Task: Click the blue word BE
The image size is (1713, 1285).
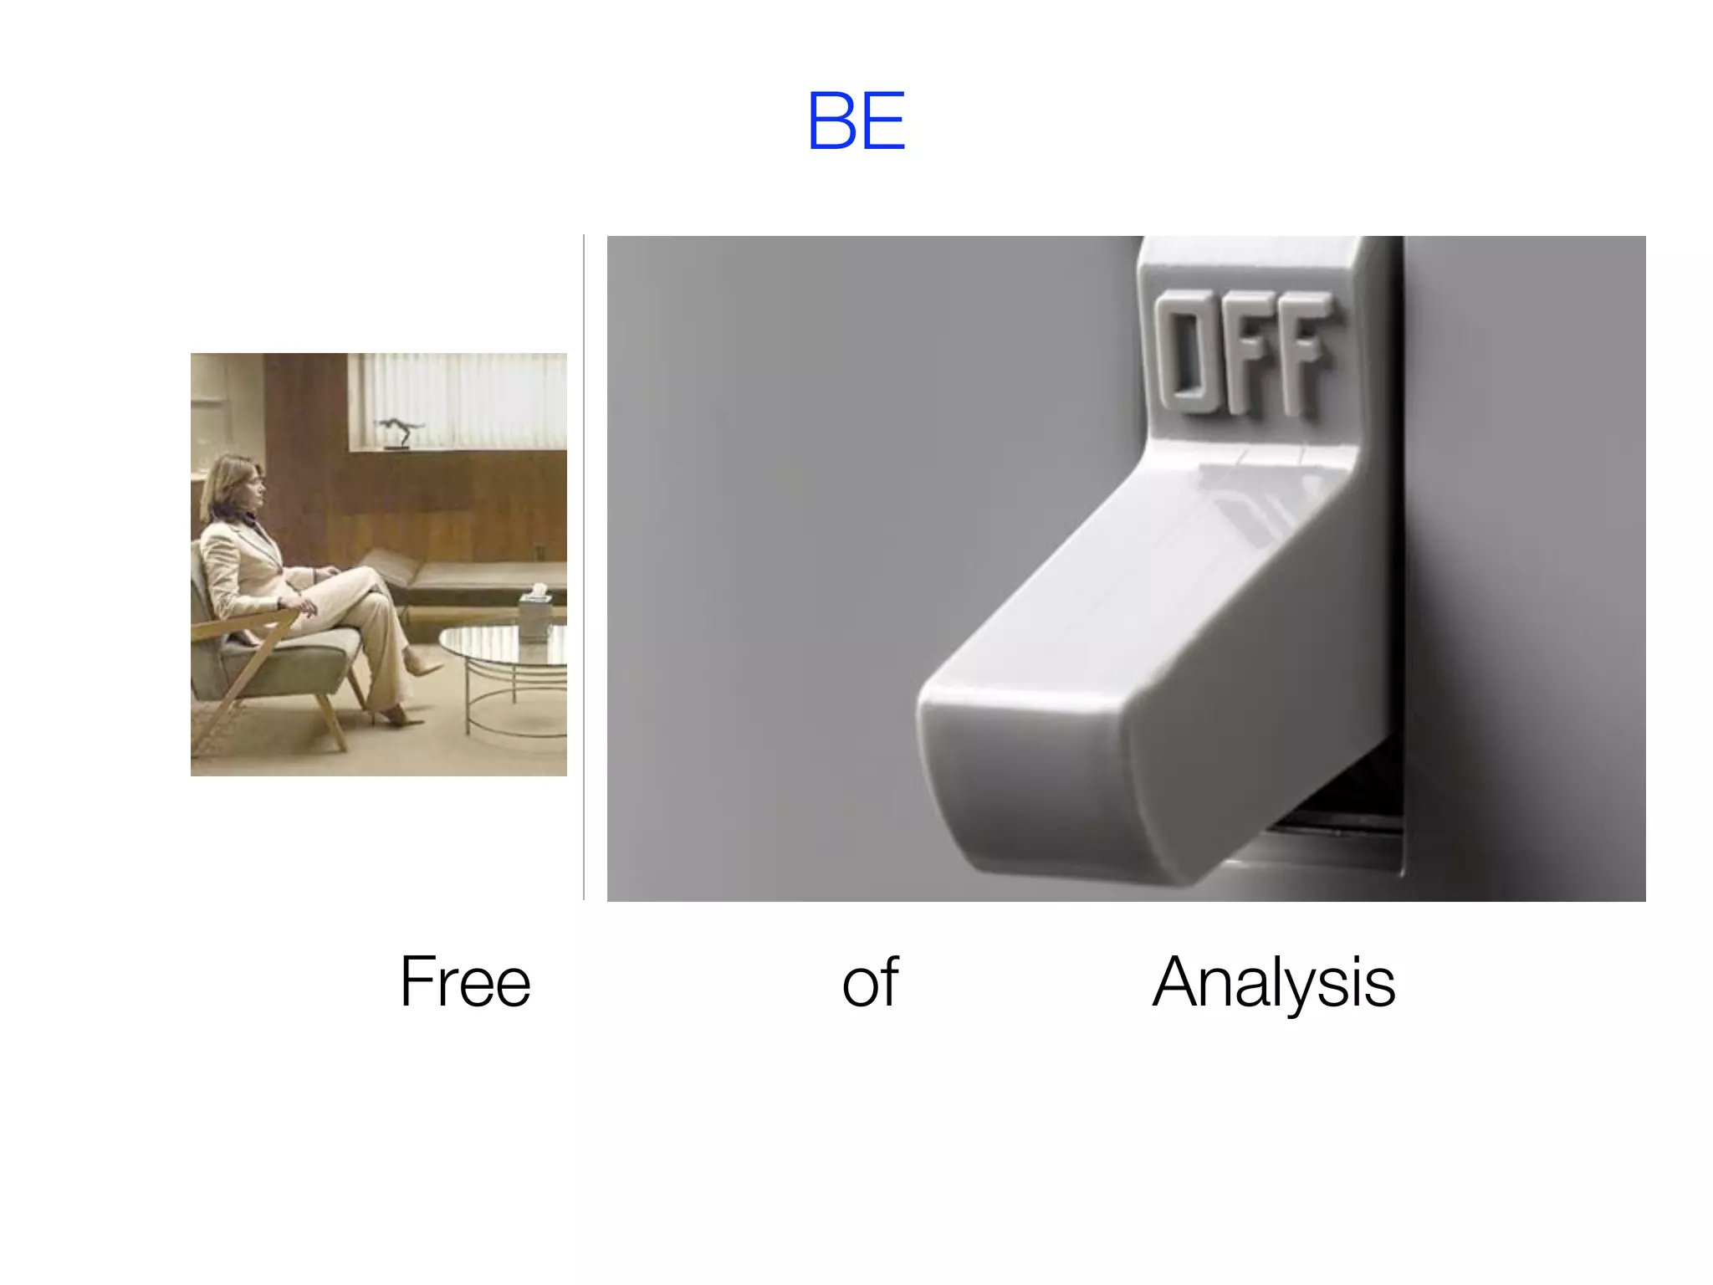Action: coord(856,121)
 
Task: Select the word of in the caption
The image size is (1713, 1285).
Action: coord(870,982)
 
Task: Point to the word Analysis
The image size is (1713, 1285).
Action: coord(1273,982)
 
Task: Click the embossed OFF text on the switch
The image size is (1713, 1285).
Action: coord(1243,351)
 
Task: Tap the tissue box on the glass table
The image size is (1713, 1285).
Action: coord(533,615)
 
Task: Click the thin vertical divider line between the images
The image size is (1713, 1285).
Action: coord(584,569)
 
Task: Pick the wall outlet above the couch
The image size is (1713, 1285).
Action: coord(539,552)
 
